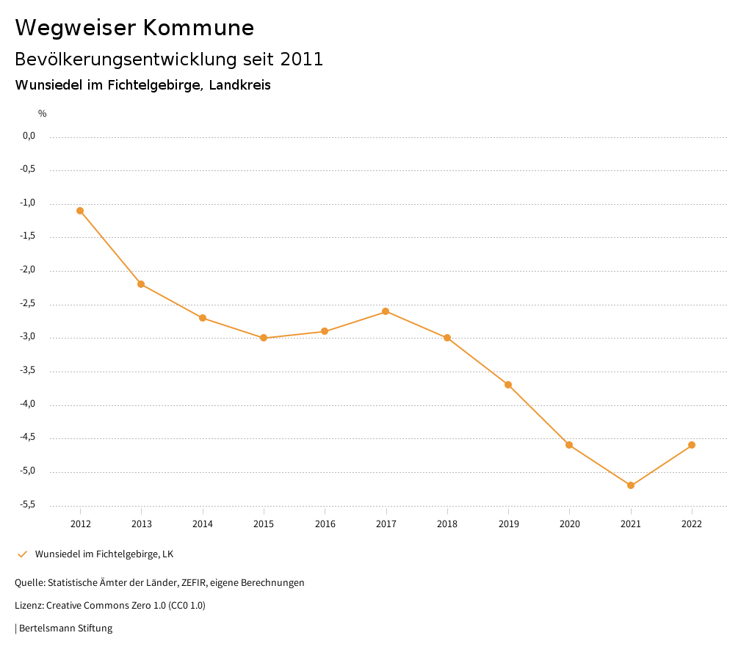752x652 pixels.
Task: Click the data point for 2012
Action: click(80, 211)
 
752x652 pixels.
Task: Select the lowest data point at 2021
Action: click(631, 485)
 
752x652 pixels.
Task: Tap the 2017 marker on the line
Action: click(386, 311)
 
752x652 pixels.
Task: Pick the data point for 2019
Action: click(508, 385)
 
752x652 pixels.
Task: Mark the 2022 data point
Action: click(692, 445)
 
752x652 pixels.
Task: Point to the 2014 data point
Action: click(203, 318)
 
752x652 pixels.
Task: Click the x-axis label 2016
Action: click(325, 524)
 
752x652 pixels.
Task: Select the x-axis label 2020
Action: click(569, 524)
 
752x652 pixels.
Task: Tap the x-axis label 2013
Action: click(142, 524)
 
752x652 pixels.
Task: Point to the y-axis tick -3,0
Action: click(29, 337)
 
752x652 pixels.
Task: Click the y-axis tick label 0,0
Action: click(29, 136)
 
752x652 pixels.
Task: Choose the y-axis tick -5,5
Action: click(29, 504)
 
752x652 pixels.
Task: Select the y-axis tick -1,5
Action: click(29, 236)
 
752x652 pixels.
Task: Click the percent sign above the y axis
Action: click(43, 113)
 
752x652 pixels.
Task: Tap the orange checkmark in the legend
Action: click(22, 554)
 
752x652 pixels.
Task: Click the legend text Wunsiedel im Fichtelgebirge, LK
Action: click(104, 554)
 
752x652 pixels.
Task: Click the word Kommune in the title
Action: click(198, 27)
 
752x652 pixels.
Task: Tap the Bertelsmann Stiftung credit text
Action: click(65, 628)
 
